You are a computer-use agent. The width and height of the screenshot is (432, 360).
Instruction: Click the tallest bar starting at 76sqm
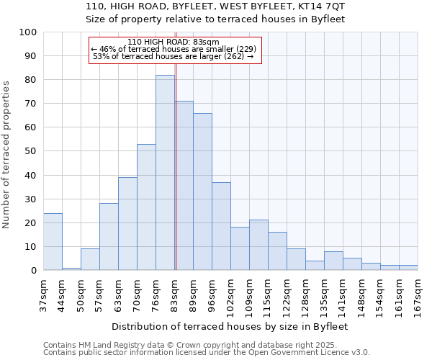click(x=165, y=173)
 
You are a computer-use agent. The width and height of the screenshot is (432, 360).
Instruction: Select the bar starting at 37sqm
click(x=53, y=242)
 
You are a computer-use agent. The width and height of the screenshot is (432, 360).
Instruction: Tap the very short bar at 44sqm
click(x=71, y=269)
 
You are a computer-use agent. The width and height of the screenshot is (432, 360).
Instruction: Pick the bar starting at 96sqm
click(x=221, y=226)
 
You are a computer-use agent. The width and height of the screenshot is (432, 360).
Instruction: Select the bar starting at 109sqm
click(x=258, y=245)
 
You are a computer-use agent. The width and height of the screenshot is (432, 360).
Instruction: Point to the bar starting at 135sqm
click(x=333, y=261)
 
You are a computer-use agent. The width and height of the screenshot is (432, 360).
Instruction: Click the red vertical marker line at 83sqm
click(x=176, y=180)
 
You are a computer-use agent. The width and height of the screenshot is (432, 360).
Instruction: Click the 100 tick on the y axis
click(x=28, y=32)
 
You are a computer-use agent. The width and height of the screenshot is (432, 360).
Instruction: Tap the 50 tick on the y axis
click(x=31, y=151)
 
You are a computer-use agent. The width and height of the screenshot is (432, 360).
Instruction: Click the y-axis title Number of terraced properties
click(x=6, y=154)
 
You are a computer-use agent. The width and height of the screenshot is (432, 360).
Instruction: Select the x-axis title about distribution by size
click(x=230, y=326)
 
